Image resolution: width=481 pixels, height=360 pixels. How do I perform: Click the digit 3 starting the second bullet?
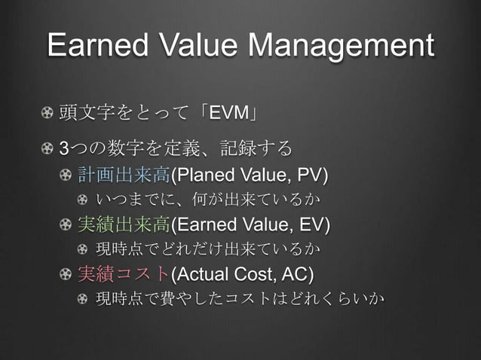click(x=64, y=145)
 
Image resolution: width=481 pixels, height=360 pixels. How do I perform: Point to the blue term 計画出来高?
click(x=124, y=176)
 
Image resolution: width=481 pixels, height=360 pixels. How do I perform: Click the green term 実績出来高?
click(x=124, y=224)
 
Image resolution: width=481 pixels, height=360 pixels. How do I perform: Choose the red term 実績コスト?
click(x=124, y=272)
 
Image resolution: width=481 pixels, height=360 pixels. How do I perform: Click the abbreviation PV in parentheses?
click(x=310, y=176)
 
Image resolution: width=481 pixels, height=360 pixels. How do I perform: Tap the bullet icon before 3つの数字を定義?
click(x=49, y=145)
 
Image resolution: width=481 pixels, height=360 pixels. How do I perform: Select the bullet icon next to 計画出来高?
click(x=69, y=176)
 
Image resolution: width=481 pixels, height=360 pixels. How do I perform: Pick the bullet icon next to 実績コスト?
click(x=69, y=272)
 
